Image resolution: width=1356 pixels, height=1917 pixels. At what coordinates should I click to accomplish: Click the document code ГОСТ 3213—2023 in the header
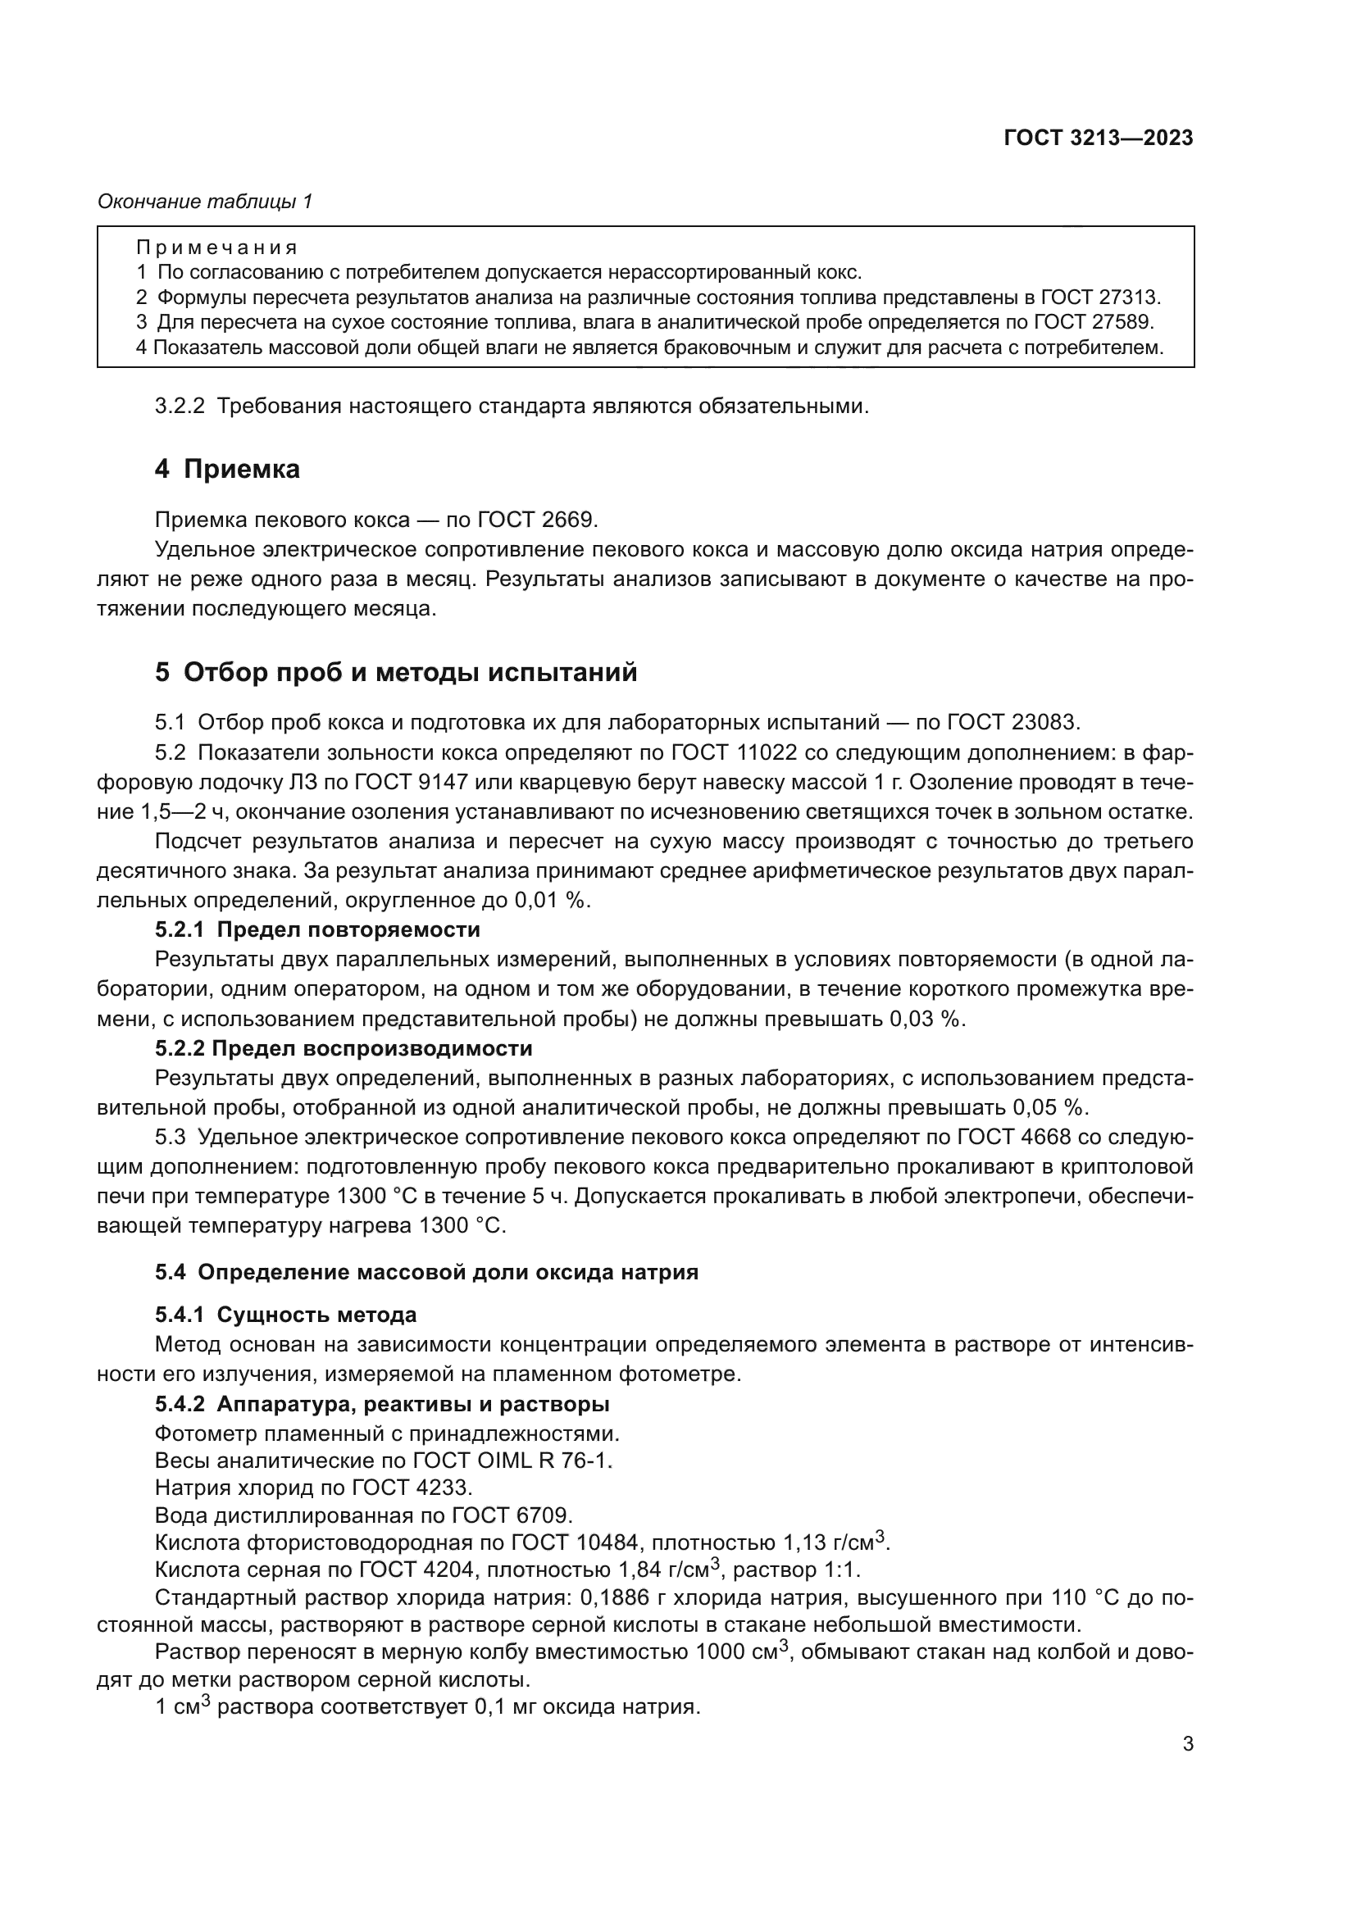click(1098, 138)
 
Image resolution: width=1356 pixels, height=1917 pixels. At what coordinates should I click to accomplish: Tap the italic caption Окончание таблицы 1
click(206, 202)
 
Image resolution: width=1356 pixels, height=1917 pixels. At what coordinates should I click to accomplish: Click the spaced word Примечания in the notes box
click(217, 248)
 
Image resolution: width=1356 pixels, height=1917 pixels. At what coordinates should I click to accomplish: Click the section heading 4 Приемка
click(227, 470)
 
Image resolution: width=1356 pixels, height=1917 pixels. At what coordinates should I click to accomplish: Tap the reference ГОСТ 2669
click(537, 520)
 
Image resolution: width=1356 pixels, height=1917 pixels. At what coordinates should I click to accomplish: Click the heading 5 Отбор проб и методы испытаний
click(396, 672)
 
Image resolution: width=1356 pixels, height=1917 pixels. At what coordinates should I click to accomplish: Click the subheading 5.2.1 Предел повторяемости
click(317, 929)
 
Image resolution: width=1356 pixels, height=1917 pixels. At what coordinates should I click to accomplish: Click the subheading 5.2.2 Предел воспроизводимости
click(344, 1048)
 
